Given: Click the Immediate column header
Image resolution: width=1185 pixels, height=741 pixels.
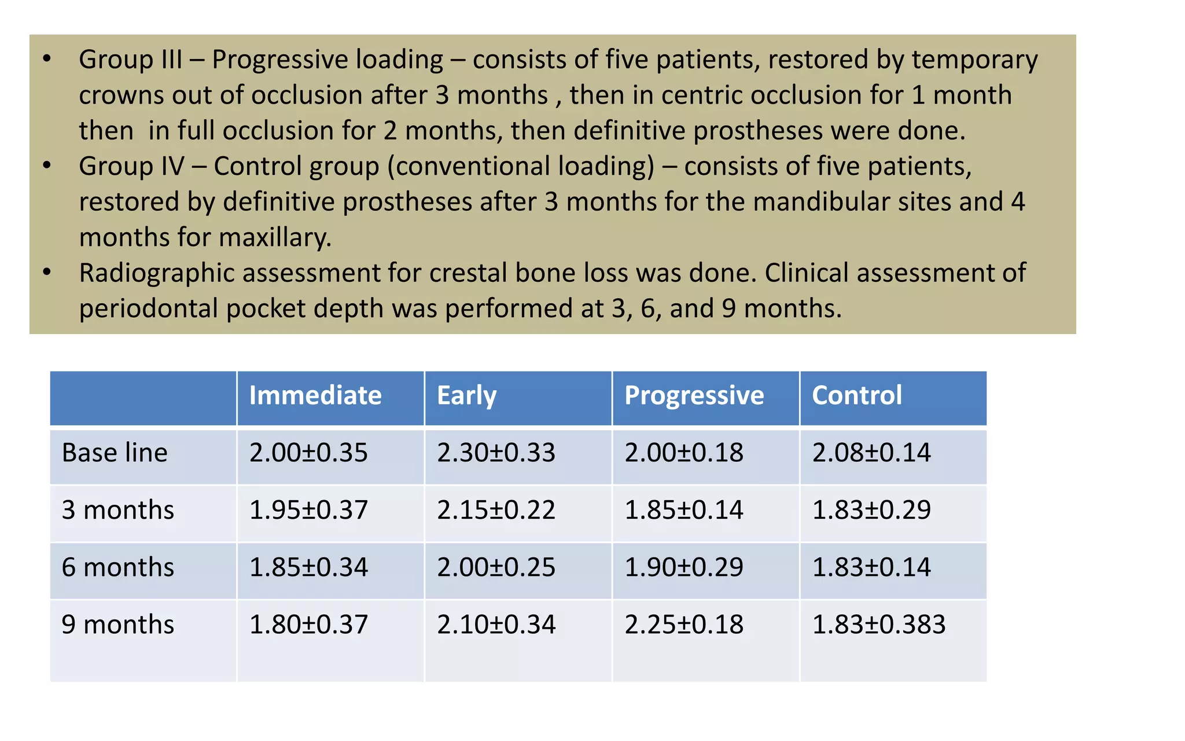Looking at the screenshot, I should pos(315,396).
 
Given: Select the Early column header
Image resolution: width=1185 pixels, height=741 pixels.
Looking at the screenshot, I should pos(466,396).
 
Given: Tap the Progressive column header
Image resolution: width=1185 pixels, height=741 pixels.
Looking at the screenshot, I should pos(694,396).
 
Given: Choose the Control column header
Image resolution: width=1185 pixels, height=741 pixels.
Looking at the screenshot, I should pos(856,396).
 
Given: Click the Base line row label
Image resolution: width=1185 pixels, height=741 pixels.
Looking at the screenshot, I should pos(115,453).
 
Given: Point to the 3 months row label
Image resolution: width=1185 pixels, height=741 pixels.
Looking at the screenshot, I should pos(117,510).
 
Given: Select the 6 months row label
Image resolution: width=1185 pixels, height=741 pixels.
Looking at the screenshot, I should pos(117,567).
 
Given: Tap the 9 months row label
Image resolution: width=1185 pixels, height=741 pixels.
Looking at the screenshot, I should pos(117,625).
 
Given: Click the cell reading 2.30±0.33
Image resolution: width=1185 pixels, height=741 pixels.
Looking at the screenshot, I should pos(496,453).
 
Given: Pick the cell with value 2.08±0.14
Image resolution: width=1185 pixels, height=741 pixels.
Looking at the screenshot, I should pos(871,453).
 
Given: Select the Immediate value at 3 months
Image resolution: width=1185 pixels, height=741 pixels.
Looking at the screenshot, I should pos(308,510).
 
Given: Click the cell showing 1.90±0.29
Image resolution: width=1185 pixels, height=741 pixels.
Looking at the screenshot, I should pos(684,567).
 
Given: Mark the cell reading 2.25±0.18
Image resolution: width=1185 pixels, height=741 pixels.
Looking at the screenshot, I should pos(684,625).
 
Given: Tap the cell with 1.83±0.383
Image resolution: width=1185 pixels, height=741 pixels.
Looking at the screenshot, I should pos(878,625).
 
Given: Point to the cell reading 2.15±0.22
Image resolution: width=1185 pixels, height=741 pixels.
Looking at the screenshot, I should pos(496,510).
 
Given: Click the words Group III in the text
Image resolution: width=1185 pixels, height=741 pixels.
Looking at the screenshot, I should pos(130,60).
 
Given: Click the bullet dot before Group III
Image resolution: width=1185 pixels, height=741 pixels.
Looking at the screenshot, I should pos(47,59).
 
